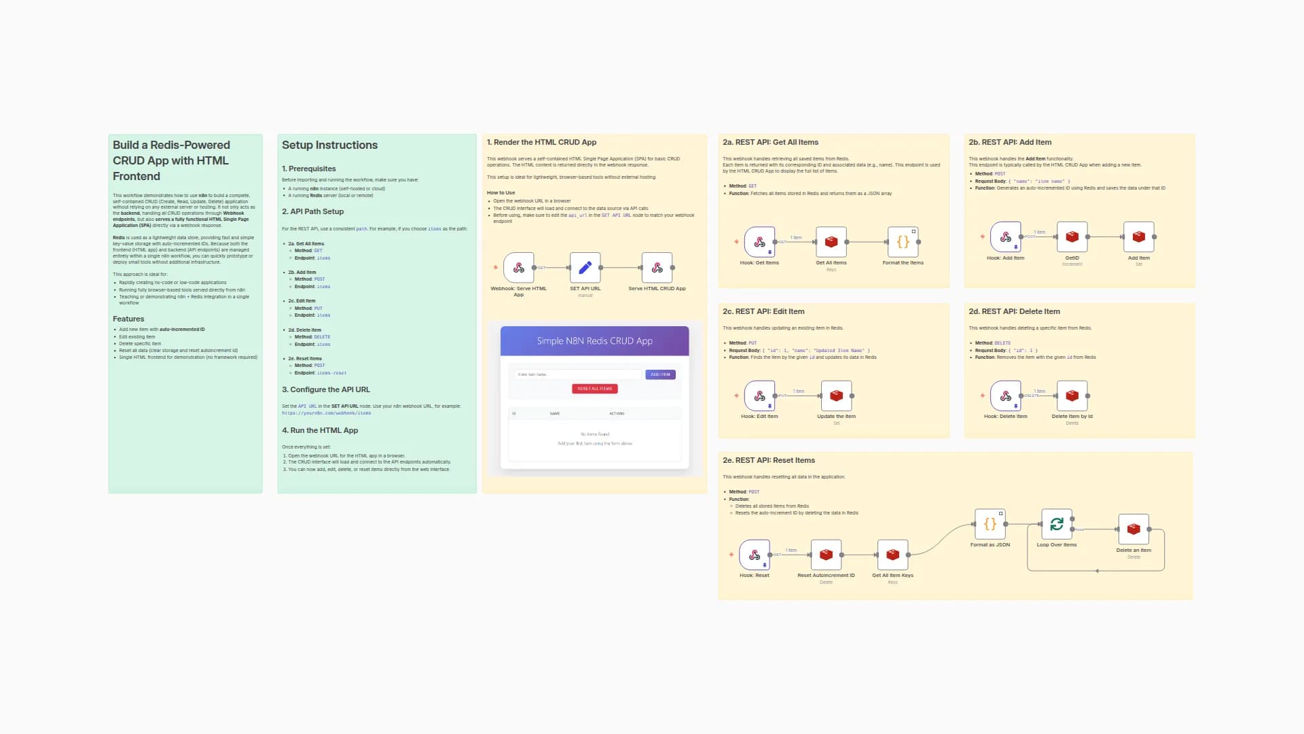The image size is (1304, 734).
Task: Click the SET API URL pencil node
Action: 585,268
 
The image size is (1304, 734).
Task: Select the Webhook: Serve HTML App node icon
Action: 519,268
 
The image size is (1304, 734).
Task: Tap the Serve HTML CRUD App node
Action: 657,268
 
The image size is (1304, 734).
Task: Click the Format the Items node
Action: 903,242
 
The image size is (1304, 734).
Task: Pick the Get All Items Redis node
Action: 831,242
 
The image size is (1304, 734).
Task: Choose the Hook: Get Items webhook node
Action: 759,242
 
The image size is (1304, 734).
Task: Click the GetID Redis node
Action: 1072,237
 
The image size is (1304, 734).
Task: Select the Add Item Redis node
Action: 1138,237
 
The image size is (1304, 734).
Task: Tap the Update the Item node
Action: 836,396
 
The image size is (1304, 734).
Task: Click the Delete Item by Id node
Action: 1072,396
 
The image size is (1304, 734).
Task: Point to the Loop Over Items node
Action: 1056,524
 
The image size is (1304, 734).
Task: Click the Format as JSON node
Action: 990,524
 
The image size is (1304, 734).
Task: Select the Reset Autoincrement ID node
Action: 826,555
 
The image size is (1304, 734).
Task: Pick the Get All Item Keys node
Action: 892,555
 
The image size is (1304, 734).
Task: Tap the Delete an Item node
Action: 1133,529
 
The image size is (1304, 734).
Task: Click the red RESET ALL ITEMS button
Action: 594,389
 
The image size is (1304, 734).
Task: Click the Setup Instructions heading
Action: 329,145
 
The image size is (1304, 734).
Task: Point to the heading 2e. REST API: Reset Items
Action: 768,461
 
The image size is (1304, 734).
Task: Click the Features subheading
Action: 128,319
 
